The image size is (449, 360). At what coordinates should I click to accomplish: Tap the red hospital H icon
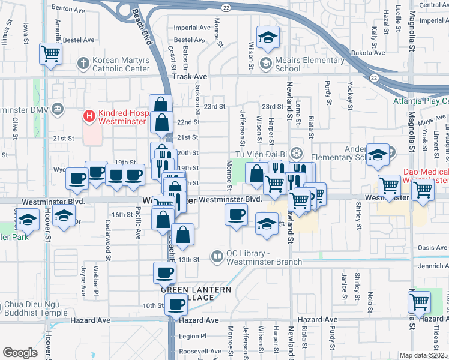tap(89, 114)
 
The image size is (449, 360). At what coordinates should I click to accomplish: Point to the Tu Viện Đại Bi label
tap(264, 152)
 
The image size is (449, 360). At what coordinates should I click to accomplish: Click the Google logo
tap(20, 353)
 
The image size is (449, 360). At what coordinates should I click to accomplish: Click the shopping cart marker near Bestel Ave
tap(51, 54)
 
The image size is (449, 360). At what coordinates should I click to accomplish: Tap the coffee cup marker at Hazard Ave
tap(176, 305)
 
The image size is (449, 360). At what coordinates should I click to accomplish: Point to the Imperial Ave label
tap(191, 28)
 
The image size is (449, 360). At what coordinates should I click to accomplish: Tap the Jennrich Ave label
tap(432, 265)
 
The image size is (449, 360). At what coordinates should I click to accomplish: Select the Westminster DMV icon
tap(57, 109)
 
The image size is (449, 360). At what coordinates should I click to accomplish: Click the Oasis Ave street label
tap(432, 247)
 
